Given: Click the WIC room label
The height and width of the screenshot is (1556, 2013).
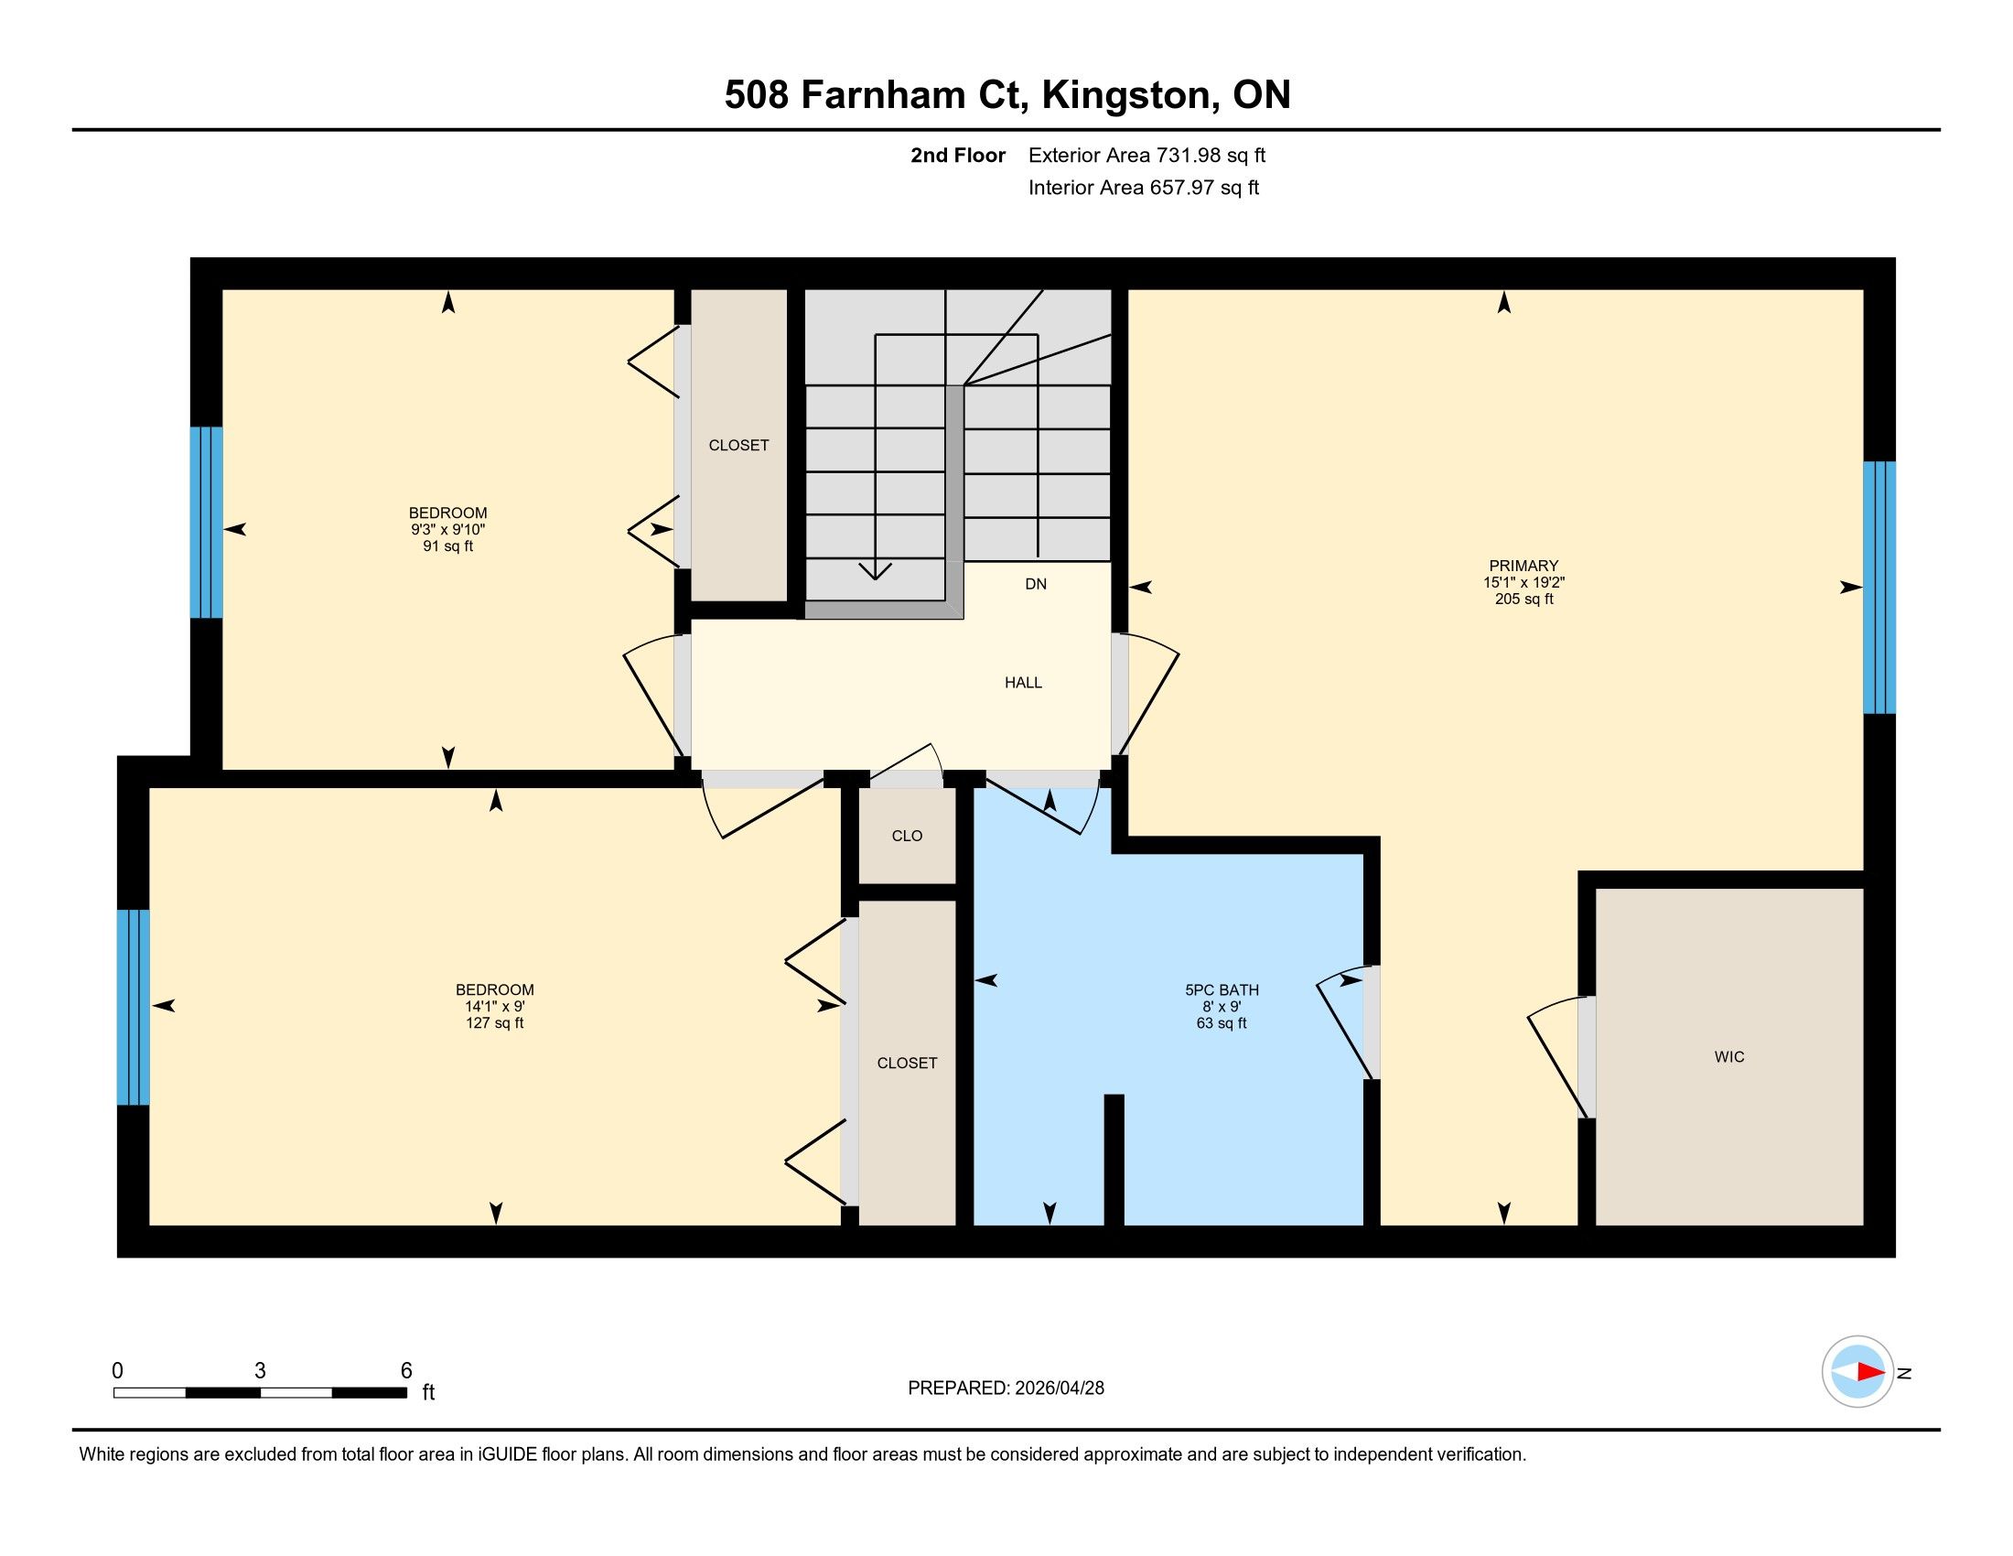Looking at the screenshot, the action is click(1729, 1057).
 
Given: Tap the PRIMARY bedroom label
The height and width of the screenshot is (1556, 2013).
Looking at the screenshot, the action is click(1523, 566).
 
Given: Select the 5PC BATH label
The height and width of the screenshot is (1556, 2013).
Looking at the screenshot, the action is click(1222, 990).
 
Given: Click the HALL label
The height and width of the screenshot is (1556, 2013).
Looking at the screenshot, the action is click(1023, 682).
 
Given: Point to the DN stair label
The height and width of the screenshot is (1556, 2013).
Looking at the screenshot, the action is click(1036, 584).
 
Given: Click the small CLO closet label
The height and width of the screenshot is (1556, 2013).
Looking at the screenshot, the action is click(907, 836).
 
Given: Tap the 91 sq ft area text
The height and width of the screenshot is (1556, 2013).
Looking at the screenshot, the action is click(448, 546).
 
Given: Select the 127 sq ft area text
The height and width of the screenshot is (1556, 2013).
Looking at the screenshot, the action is click(495, 1022).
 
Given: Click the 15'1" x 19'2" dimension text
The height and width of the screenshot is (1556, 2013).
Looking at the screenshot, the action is click(1523, 582).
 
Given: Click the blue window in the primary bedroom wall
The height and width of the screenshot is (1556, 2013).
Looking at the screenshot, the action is click(1879, 588).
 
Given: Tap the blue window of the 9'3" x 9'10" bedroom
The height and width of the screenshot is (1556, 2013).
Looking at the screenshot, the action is click(207, 522).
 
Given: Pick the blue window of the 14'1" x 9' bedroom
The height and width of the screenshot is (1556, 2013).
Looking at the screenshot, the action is click(133, 1007).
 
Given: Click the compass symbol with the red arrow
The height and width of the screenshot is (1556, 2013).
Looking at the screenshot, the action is click(1858, 1372).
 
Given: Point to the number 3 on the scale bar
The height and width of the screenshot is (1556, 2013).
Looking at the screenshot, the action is click(260, 1371).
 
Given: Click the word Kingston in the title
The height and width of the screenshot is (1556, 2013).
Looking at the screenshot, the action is click(1125, 95).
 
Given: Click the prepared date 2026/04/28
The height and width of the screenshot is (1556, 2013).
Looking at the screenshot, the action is click(1058, 1389).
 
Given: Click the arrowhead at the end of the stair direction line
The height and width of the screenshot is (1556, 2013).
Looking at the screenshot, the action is click(875, 571).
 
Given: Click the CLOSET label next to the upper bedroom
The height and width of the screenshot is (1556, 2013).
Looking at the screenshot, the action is click(738, 445).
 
